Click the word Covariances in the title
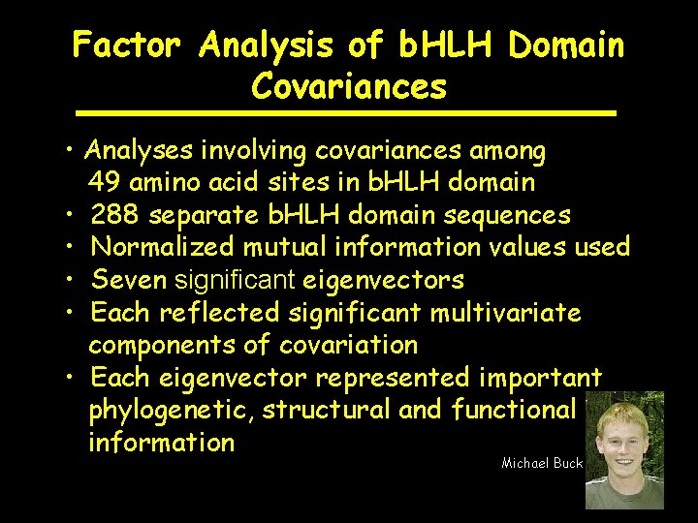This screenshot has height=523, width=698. (349, 87)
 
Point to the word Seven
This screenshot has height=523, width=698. (128, 280)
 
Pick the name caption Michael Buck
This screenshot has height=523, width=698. (542, 463)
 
